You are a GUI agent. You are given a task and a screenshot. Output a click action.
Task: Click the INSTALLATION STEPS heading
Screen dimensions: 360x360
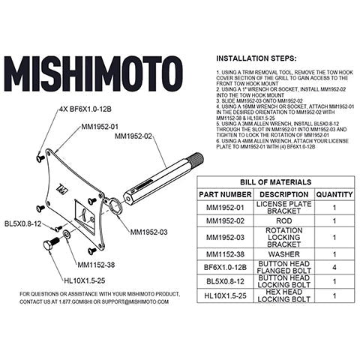[x=256, y=57]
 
